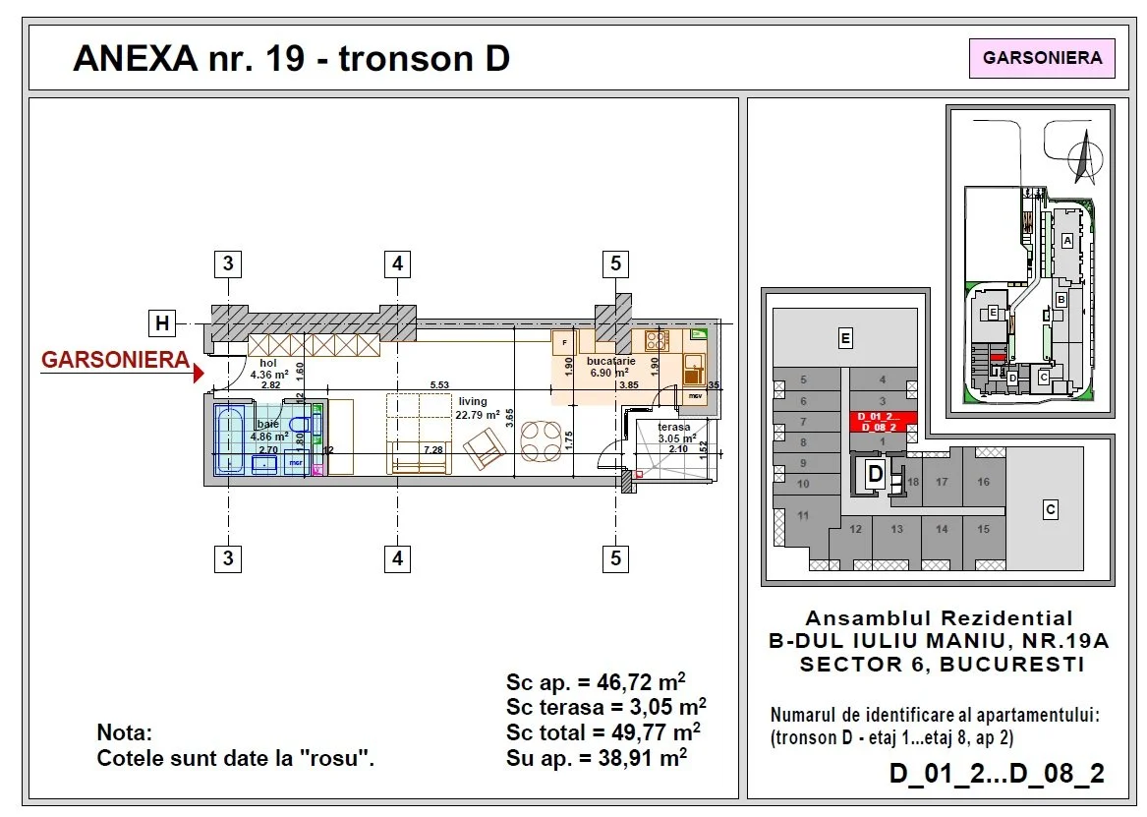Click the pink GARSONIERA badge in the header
coord(1042,58)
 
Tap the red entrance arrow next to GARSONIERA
coord(199,373)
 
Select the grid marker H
coord(162,321)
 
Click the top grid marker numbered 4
coord(397,263)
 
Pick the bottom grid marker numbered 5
coord(616,558)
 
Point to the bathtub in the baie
coord(232,440)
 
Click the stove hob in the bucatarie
coord(657,341)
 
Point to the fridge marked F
coord(564,344)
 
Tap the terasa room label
coord(673,428)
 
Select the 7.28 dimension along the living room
coord(431,450)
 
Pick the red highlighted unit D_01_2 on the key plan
coord(882,422)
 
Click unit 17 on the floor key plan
coord(942,483)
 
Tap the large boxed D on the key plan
coord(875,475)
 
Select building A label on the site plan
coord(1066,241)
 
